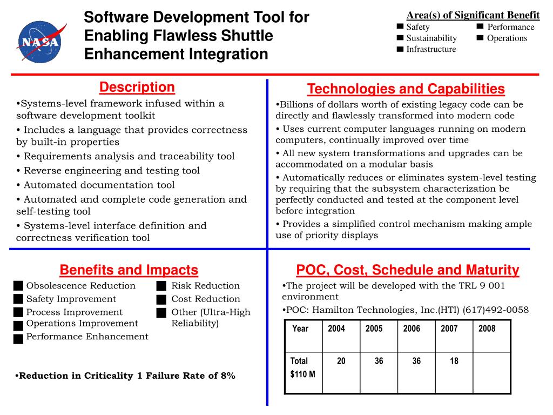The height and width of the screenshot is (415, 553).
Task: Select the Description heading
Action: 137,88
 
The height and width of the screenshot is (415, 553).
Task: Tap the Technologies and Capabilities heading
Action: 406,89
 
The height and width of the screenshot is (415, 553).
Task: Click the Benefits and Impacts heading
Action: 129,270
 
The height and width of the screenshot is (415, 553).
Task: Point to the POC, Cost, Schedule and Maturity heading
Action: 407,270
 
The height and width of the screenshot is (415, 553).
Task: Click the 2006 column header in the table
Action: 412,329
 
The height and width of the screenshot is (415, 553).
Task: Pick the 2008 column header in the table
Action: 487,329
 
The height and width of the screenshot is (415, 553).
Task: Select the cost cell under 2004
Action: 341,361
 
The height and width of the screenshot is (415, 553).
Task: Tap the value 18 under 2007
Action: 454,361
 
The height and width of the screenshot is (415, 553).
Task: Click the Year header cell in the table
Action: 300,329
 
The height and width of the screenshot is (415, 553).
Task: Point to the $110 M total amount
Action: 303,374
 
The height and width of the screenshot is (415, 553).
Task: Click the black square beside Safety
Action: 400,26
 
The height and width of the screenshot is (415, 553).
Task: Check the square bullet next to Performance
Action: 480,26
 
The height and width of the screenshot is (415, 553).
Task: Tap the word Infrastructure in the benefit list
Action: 431,49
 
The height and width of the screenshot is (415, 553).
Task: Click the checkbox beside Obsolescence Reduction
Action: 19,286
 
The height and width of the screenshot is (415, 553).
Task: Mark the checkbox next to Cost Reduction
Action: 161,299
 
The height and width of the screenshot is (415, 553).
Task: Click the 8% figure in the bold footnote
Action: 228,376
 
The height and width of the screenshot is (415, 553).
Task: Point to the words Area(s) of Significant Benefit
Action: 473,15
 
